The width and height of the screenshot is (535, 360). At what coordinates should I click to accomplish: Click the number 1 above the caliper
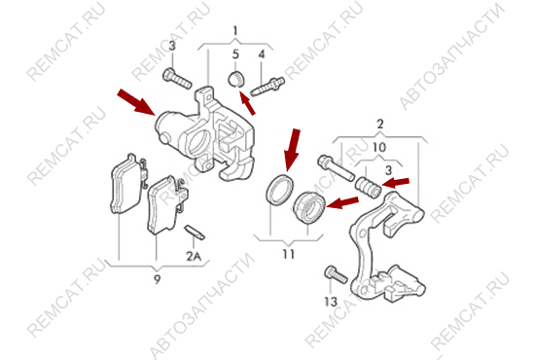coord(235,31)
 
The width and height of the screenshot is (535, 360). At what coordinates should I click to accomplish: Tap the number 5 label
coord(235,54)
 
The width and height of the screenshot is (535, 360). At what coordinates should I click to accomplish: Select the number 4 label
coord(262,54)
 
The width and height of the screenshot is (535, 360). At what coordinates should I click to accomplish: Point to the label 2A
coord(194,256)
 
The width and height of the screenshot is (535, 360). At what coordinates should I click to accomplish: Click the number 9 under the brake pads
coord(157,280)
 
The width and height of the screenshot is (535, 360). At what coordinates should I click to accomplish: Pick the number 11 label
coord(288,254)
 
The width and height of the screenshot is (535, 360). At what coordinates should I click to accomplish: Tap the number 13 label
coord(331,302)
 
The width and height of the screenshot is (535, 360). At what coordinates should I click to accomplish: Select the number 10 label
coord(379,148)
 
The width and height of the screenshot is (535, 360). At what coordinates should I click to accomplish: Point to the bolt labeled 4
coord(267,87)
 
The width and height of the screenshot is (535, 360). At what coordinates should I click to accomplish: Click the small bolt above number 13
coord(336,274)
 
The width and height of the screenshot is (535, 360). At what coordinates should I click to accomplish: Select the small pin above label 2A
coord(195,233)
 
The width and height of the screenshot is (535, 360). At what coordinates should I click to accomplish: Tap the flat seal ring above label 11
coord(280,190)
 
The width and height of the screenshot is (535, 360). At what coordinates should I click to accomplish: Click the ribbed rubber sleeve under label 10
coord(368,188)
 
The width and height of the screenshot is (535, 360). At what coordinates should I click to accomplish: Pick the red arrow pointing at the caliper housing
coord(136,102)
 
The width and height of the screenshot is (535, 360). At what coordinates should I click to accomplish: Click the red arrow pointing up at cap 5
coord(247,103)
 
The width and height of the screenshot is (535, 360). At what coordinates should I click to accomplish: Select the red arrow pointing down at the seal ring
coord(292,150)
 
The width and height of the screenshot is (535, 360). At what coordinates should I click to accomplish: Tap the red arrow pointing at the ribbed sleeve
coord(396,183)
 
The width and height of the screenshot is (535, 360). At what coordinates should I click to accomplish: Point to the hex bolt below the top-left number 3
coord(177,79)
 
